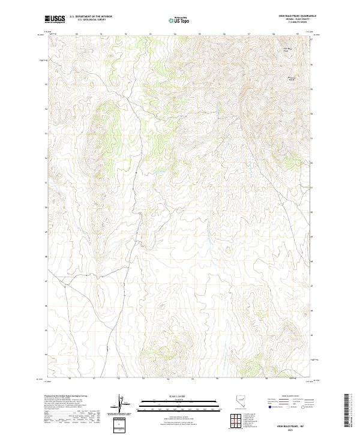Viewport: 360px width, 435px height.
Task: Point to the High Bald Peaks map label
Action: (286, 49)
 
